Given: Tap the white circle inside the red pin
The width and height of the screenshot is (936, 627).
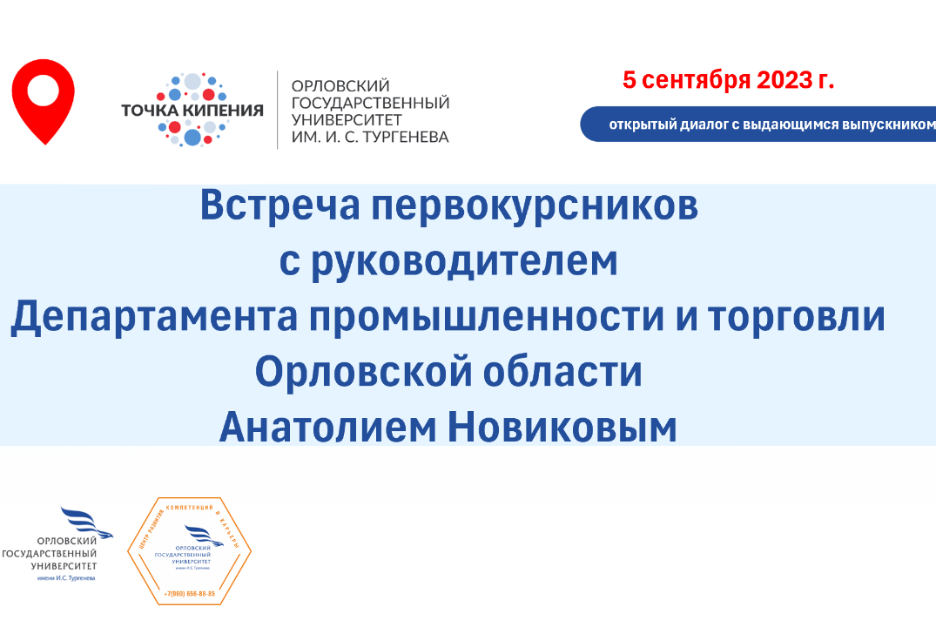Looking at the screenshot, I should tap(43, 90).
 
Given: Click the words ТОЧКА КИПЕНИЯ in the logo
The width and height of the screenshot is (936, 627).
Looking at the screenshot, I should tap(192, 110).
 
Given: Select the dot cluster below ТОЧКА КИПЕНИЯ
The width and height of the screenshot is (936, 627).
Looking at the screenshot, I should tap(192, 131).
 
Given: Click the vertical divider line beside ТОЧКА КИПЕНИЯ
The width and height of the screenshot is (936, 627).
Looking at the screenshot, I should tap(278, 110).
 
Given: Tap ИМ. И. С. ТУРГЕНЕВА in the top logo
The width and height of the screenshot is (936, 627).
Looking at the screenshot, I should tap(369, 137).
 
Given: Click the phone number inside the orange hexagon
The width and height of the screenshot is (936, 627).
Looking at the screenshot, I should tap(189, 594).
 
